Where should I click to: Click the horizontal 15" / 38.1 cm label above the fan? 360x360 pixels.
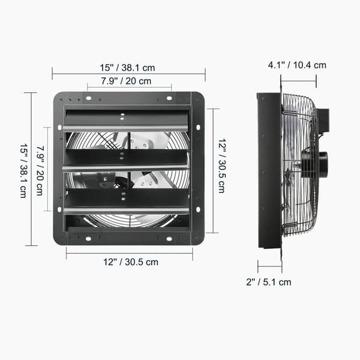[x=127, y=68]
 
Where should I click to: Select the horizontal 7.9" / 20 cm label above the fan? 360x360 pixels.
[x=126, y=81]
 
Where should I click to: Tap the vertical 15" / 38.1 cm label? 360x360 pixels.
[x=23, y=171]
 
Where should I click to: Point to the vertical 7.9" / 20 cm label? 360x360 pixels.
[x=40, y=170]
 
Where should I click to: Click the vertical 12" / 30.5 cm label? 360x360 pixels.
[x=222, y=166]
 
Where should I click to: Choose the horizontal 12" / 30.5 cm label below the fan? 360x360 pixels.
[x=131, y=262]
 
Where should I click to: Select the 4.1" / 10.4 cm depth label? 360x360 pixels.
[x=297, y=65]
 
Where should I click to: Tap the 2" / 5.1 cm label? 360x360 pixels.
[x=269, y=282]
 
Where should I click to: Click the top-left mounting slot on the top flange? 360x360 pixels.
[x=89, y=98]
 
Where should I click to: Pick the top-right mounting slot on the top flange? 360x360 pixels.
[x=169, y=98]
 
